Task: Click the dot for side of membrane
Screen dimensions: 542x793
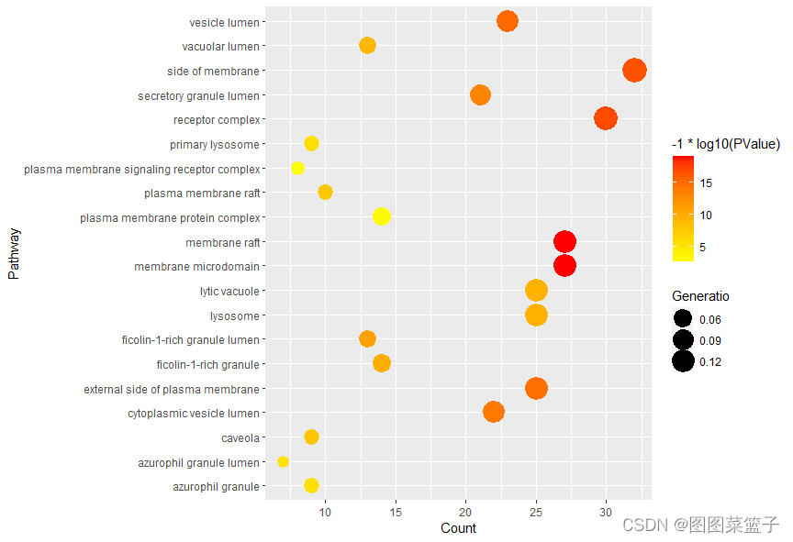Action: tap(634, 70)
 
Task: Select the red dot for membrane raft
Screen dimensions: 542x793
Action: tap(564, 241)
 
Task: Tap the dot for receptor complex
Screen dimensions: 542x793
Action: tap(605, 118)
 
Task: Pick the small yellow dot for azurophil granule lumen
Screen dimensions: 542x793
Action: tap(283, 461)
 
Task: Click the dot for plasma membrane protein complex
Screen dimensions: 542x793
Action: tap(382, 216)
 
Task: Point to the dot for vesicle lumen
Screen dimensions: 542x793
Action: tap(508, 21)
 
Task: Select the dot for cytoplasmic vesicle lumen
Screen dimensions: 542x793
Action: tap(494, 412)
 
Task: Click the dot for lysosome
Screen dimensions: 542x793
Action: tap(536, 315)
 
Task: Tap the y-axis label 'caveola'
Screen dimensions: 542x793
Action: tap(240, 437)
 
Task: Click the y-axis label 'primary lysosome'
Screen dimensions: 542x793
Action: tap(214, 144)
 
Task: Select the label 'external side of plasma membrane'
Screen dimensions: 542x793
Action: tap(172, 389)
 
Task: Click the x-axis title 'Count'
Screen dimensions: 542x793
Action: tap(458, 527)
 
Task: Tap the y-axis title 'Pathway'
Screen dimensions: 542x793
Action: tap(13, 254)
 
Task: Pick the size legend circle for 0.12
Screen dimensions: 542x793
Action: tap(683, 361)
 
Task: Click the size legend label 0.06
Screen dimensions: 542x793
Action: tap(710, 319)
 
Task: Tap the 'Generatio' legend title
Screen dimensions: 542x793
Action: tap(700, 296)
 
